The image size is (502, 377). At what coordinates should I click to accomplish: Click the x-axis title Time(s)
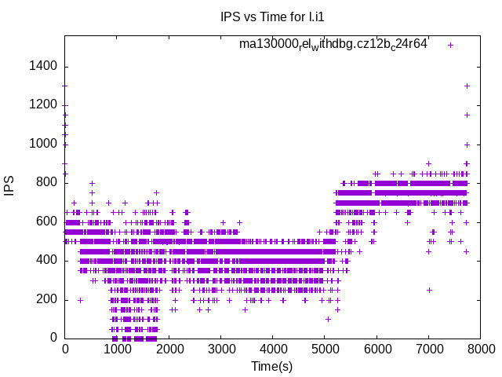click(271, 366)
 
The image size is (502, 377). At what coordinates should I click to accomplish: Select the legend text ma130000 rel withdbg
click(333, 45)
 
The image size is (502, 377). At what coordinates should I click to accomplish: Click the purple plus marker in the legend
click(450, 45)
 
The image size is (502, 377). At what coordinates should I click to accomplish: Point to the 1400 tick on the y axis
click(44, 66)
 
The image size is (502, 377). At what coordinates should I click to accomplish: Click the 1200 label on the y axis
click(44, 104)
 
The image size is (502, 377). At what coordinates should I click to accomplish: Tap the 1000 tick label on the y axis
click(44, 144)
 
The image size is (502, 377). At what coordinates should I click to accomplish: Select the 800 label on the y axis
click(47, 182)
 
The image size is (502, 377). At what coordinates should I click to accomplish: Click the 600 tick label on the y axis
click(47, 221)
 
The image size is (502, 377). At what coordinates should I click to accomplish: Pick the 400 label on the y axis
click(47, 260)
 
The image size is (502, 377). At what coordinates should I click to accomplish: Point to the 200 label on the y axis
click(47, 299)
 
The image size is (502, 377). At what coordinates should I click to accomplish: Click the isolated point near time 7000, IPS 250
click(429, 290)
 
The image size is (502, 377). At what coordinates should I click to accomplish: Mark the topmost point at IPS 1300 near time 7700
click(467, 86)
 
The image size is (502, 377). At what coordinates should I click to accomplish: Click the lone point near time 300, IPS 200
click(80, 299)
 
